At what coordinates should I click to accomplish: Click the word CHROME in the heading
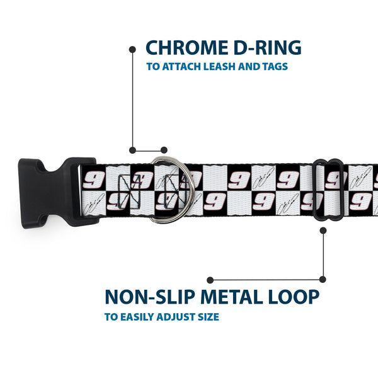187,47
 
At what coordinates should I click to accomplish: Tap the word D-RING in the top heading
267,47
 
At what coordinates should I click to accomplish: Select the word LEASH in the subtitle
219,67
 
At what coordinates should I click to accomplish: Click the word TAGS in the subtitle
275,67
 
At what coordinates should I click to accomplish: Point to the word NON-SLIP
150,297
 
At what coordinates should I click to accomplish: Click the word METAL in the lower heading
231,297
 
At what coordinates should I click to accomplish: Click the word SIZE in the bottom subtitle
209,317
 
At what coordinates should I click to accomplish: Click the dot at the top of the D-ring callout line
132,50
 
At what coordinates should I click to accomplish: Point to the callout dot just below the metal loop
323,231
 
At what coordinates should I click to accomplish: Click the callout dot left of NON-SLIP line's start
210,280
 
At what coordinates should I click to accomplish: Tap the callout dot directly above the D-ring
164,150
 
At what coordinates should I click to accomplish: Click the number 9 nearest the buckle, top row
93,180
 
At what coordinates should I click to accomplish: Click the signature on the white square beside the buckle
94,203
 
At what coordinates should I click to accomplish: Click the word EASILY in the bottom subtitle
137,317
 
